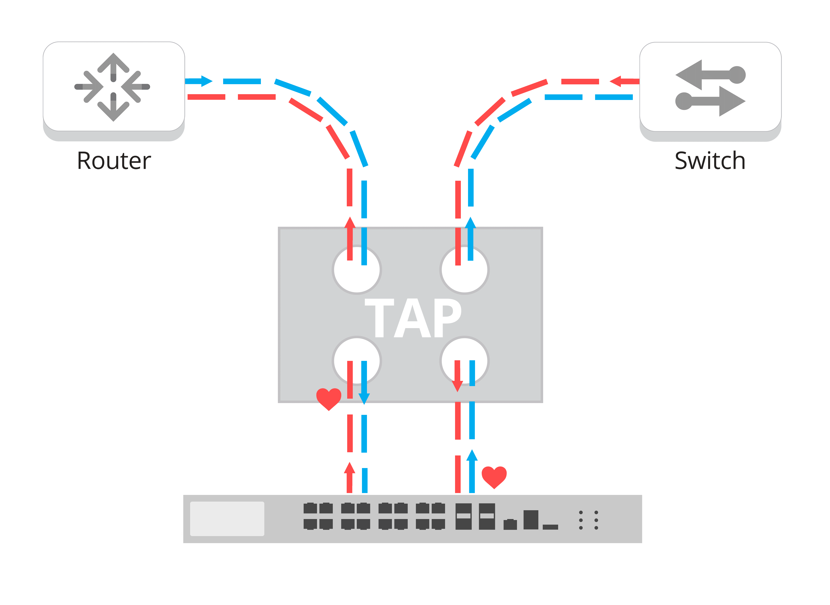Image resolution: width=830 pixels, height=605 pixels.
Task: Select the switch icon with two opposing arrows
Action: (x=710, y=88)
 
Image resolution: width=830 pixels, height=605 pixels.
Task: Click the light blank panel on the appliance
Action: (x=227, y=519)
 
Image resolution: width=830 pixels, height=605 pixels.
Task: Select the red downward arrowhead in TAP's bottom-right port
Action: (x=457, y=386)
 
